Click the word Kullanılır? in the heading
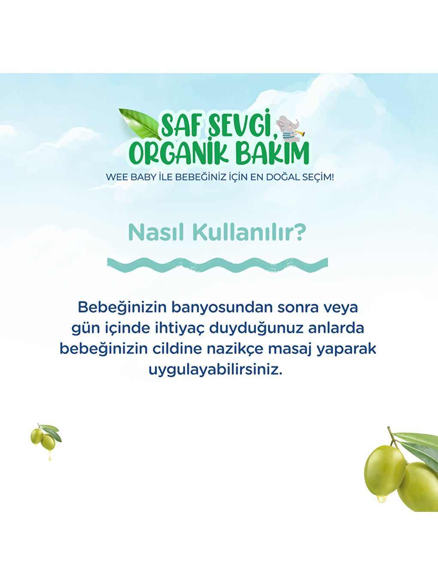249,232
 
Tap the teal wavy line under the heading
217,264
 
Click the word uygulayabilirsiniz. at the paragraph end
216,369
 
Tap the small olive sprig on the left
46,437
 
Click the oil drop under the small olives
50,458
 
